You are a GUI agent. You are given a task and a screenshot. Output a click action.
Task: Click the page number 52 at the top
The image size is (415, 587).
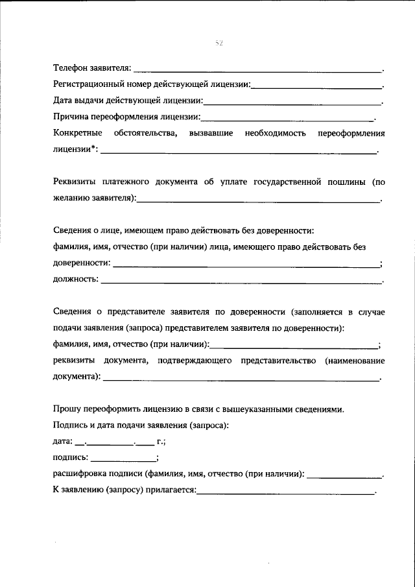point(219,43)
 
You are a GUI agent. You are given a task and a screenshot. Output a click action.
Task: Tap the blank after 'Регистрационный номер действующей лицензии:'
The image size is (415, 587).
point(317,86)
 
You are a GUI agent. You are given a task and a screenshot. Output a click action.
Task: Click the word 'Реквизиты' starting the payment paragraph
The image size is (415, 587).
point(77,182)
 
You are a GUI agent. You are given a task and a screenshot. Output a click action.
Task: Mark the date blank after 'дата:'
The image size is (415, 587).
point(110,444)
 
